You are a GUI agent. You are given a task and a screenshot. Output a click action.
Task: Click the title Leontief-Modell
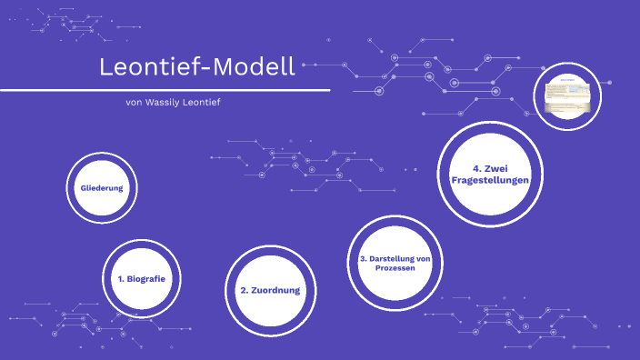click(x=197, y=67)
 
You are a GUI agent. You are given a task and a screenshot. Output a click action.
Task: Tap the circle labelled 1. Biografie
click(x=141, y=277)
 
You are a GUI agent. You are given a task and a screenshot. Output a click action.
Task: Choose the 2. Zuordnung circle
click(x=269, y=290)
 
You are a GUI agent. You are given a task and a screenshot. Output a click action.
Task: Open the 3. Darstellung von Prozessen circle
click(x=395, y=265)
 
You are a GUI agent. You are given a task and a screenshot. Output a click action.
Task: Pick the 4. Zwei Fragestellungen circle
click(x=489, y=175)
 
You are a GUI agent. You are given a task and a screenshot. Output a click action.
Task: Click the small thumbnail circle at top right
click(x=568, y=95)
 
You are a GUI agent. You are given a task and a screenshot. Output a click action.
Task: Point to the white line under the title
click(x=164, y=90)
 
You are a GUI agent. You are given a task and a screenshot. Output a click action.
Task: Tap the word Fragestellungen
click(x=489, y=181)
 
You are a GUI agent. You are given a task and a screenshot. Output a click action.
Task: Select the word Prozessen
click(x=395, y=270)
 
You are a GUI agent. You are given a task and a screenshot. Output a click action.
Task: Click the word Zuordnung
click(x=276, y=290)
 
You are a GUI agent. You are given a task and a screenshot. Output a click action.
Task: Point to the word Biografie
click(x=148, y=278)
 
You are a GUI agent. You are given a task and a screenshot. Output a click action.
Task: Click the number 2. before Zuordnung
click(x=245, y=290)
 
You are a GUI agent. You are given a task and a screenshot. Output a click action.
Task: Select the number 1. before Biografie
click(x=122, y=278)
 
